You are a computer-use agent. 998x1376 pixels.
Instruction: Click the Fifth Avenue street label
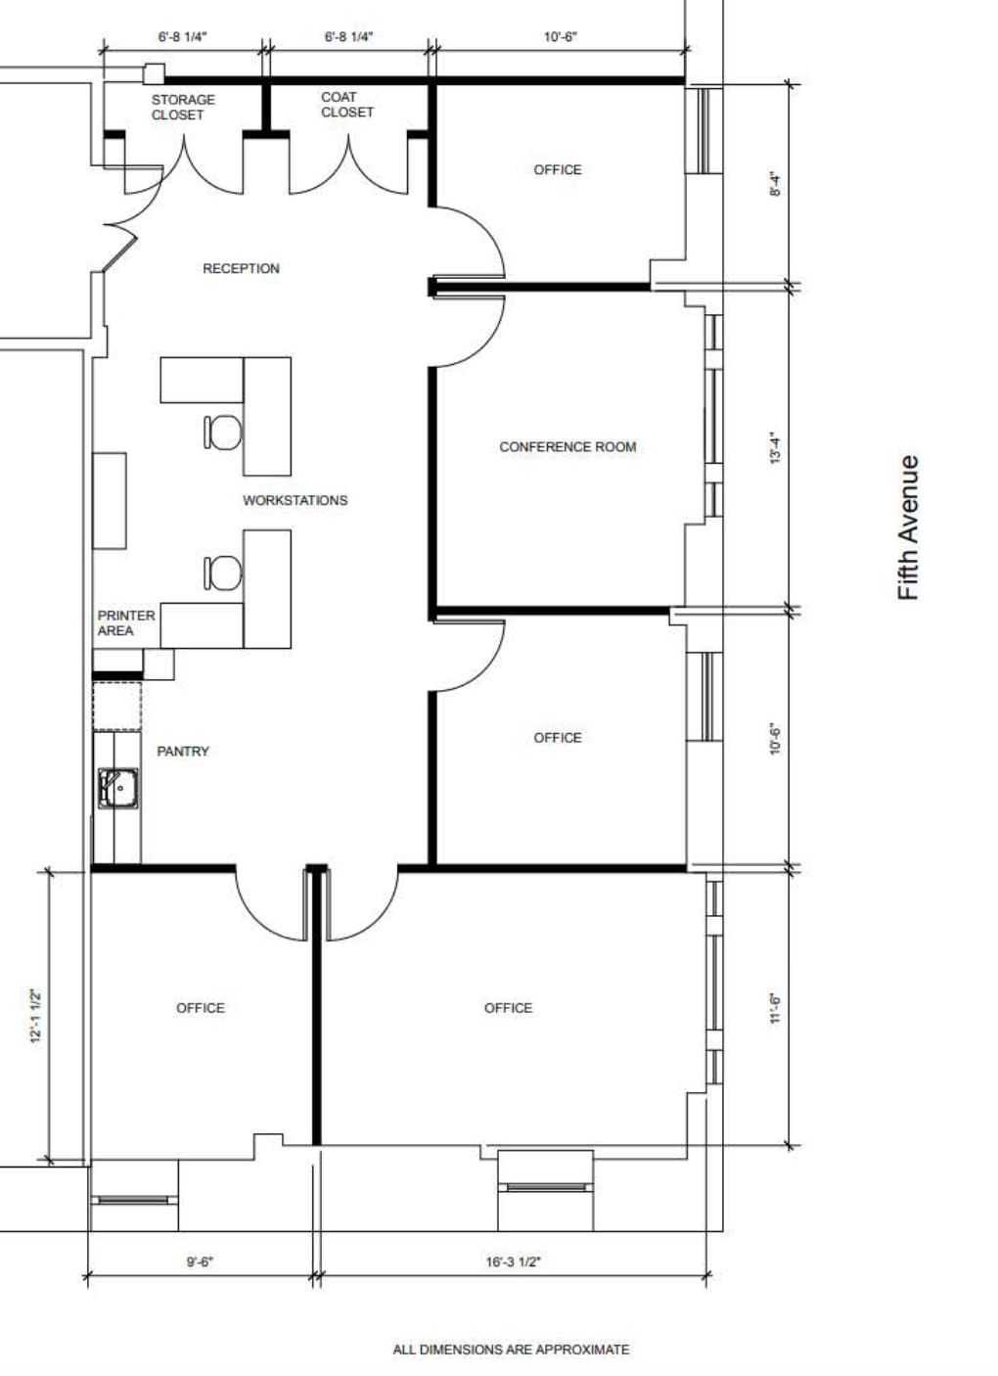coord(909,527)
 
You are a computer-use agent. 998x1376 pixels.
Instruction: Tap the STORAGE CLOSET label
coord(182,107)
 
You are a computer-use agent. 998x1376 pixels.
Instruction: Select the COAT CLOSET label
coord(346,105)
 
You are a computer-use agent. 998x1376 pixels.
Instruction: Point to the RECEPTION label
coord(241,268)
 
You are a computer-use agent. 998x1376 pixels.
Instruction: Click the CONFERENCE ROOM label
coord(567,446)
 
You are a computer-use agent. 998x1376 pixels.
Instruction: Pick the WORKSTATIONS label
coord(295,500)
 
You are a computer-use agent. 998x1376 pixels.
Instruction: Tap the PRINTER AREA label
coord(125,622)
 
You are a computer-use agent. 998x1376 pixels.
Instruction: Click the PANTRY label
coord(183,751)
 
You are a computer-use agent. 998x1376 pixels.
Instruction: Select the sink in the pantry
coord(118,788)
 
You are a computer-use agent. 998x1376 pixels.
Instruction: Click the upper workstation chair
coord(223,432)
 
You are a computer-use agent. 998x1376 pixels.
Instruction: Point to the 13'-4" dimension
coord(775,447)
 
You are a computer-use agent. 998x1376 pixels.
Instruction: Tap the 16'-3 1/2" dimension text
coord(513,1261)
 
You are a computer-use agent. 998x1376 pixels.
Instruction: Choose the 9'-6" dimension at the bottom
coord(200,1261)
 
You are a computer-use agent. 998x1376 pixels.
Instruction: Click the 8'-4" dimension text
coord(775,184)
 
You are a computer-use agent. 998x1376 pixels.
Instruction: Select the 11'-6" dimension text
coord(775,1007)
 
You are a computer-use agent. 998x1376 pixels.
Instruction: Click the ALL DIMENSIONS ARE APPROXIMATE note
coord(511,1349)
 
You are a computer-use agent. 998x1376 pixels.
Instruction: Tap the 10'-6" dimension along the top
coord(560,37)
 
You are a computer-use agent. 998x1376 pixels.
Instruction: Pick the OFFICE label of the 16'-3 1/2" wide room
coord(508,1007)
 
